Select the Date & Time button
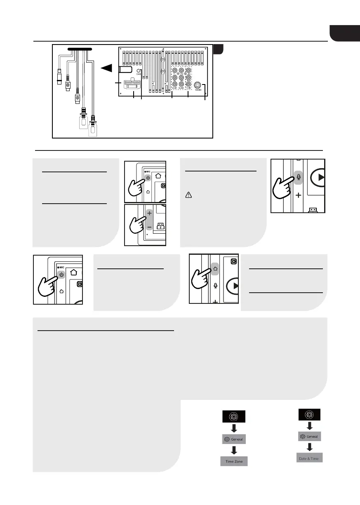(310, 457)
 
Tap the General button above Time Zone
(234, 439)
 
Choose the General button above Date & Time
(310, 436)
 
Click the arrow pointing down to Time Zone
(234, 450)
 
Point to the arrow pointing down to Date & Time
(310, 446)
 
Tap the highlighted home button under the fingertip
(216, 267)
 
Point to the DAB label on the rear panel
(139, 74)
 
